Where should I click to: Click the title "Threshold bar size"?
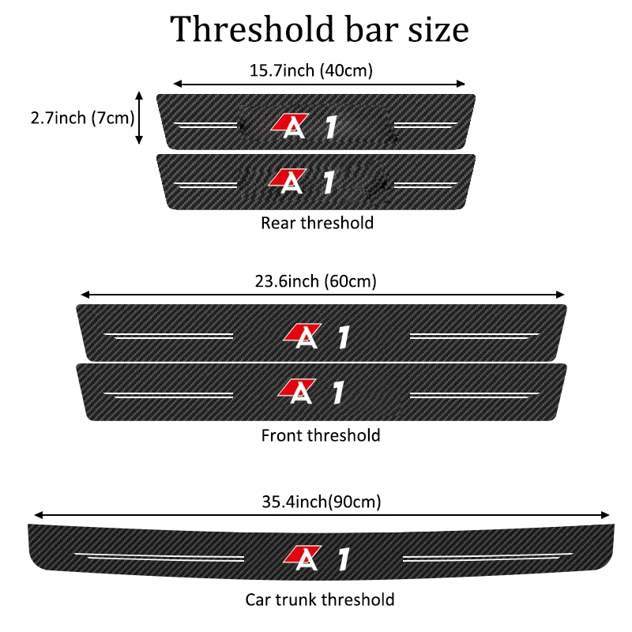[319, 29]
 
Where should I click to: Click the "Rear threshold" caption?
[317, 223]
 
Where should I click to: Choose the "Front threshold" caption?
[320, 435]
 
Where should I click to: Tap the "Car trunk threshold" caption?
[319, 600]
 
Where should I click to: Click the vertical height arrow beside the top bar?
[139, 118]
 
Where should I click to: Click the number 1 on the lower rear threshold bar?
[330, 182]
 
